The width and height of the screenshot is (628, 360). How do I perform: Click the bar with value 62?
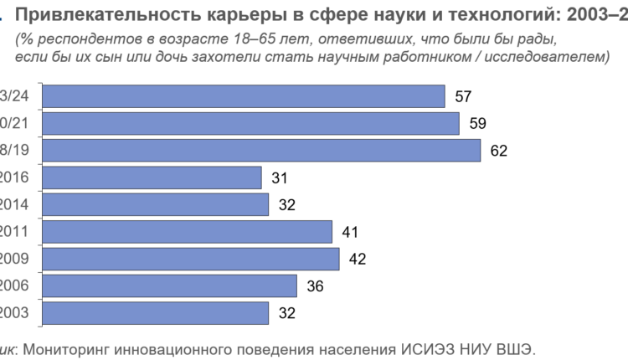(x=261, y=151)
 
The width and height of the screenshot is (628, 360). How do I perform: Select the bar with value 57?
(x=243, y=96)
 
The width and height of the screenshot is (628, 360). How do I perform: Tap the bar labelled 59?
(x=250, y=124)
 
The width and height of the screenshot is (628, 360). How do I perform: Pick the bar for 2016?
(x=152, y=177)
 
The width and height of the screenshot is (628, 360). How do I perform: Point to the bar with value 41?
(x=187, y=232)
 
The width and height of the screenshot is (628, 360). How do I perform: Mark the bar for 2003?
(x=155, y=313)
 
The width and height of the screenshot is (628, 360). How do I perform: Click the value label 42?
(x=356, y=260)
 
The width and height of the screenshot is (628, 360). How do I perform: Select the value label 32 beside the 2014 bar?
(x=286, y=205)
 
